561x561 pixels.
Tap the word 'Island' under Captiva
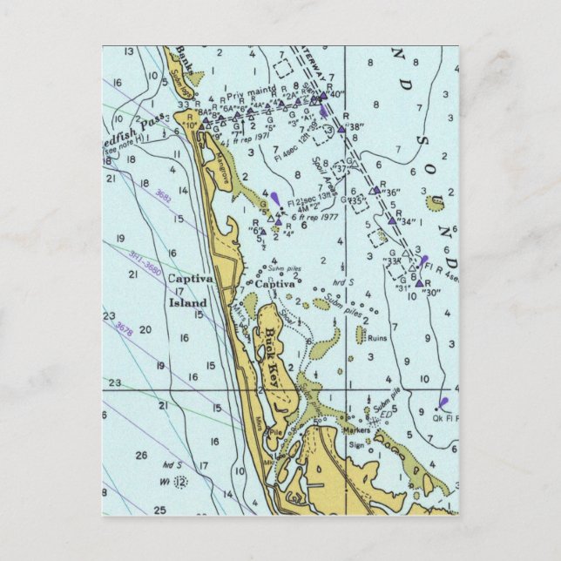(187, 303)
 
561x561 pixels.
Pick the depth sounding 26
(141, 454)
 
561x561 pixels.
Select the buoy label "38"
(355, 127)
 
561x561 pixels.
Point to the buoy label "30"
(430, 293)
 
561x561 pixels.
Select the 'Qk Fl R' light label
(444, 418)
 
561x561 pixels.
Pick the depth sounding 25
(159, 510)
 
